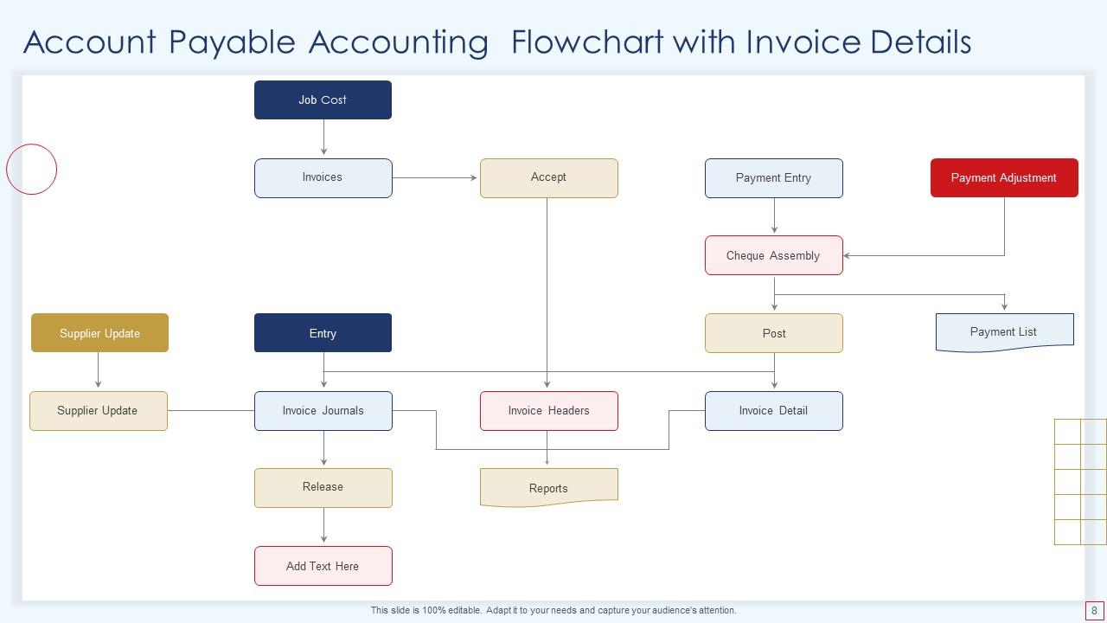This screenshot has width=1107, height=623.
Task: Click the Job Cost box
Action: [323, 100]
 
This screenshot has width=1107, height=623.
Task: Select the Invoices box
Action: [323, 177]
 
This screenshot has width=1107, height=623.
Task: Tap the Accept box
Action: [548, 177]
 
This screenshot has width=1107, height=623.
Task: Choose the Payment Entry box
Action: [773, 177]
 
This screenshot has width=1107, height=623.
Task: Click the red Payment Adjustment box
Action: [1003, 177]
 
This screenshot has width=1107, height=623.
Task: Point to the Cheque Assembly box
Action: [773, 255]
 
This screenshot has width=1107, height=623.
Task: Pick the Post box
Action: [773, 333]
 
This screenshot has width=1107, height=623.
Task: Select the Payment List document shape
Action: [1003, 331]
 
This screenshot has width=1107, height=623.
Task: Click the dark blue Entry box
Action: [323, 333]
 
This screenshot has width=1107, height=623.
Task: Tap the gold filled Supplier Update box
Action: [99, 333]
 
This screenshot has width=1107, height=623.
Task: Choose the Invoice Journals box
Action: [323, 410]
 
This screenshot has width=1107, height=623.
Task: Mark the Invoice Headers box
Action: [548, 410]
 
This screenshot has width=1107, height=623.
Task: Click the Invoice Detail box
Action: [773, 410]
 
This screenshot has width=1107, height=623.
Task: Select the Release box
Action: [323, 487]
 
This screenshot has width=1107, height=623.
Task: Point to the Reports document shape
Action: [548, 487]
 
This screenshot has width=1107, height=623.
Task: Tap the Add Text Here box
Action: [323, 566]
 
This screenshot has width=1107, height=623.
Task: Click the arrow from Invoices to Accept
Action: [435, 177]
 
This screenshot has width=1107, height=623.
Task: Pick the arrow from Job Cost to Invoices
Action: [323, 138]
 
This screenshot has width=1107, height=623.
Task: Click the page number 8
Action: [1094, 610]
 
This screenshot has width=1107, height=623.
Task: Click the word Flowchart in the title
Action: [586, 42]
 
